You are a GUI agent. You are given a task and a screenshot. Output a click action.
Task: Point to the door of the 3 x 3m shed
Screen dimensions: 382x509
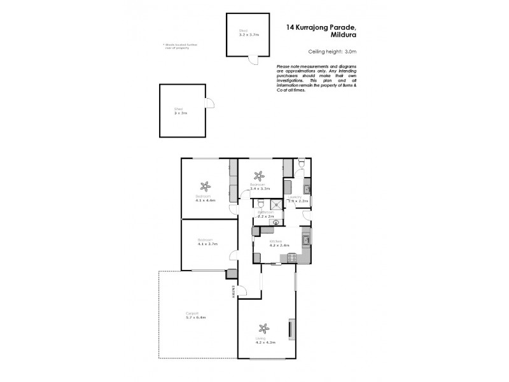click(x=209, y=104)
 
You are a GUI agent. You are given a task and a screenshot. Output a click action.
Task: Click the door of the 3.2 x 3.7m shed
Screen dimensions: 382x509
click(x=254, y=61)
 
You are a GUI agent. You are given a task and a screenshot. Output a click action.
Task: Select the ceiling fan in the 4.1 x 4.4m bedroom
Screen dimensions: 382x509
click(x=206, y=187)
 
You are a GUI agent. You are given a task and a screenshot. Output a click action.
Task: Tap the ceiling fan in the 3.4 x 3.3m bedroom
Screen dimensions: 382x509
click(x=258, y=176)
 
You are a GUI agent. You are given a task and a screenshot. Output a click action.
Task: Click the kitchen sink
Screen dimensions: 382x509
click(x=306, y=239)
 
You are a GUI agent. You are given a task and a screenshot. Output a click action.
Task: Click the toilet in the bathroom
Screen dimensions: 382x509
click(x=260, y=204)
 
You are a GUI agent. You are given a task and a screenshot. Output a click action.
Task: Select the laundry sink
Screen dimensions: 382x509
click(x=307, y=188)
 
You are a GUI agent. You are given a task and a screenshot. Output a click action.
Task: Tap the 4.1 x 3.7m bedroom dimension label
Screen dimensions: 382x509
click(x=207, y=244)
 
